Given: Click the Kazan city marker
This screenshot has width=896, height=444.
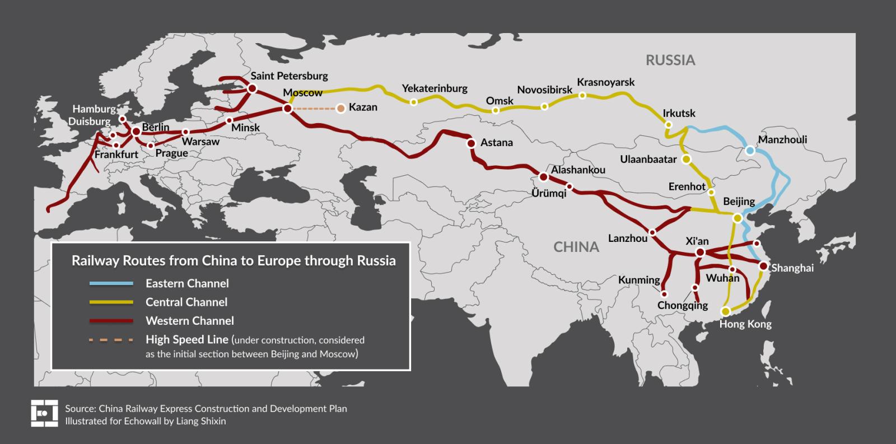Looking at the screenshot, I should [340, 109].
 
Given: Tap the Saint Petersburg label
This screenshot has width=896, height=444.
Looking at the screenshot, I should [289, 76].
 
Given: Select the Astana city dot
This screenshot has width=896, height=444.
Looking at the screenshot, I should [472, 143].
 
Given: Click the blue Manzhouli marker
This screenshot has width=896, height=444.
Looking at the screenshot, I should [750, 151].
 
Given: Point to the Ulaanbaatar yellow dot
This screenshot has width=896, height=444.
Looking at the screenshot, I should [687, 159].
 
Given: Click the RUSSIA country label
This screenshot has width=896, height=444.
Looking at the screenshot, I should [670, 60].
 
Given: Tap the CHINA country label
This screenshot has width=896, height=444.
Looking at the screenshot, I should [576, 247].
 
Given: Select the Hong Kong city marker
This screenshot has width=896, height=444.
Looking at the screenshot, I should [726, 311].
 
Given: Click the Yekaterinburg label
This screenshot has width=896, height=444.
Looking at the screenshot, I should [434, 88].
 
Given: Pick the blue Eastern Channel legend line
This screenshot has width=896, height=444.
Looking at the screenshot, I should [111, 283].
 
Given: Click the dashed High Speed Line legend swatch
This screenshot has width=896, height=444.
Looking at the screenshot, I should [111, 339].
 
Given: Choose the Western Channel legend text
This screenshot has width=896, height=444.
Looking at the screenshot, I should [189, 321].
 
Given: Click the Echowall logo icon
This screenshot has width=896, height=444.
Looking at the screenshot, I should [44, 413].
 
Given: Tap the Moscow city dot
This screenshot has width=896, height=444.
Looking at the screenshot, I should [287, 109].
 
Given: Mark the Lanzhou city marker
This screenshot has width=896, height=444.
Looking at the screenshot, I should [652, 232].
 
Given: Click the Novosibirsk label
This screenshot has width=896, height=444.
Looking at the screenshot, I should [544, 90].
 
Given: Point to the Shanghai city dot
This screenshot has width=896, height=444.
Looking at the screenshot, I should [763, 266].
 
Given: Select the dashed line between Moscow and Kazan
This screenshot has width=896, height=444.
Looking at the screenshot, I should [314, 109].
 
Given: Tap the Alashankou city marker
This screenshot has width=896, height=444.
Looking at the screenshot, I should [543, 177].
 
